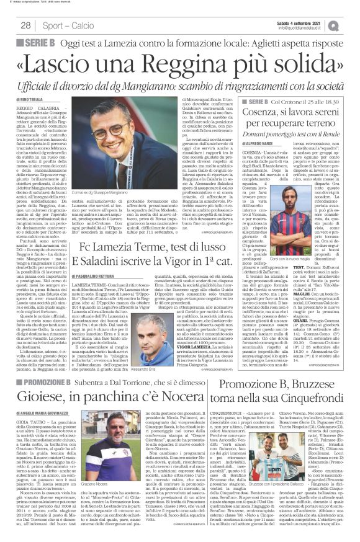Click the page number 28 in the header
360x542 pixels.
tap(25, 24)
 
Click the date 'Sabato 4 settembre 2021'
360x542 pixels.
tap(308, 21)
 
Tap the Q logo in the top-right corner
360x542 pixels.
tap(350, 24)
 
